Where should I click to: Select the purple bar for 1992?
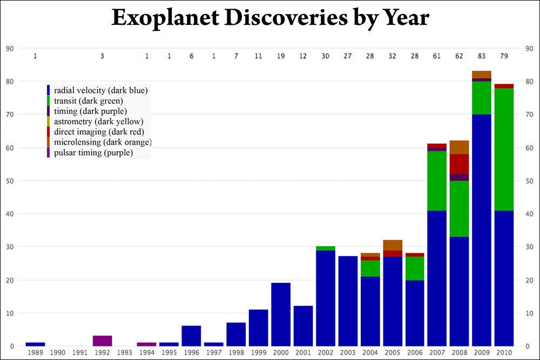point(102,341)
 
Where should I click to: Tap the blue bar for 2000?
point(281,314)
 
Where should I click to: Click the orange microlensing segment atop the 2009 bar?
point(481,74)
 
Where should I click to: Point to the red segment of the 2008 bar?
point(459,164)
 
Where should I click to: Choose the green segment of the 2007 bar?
point(437,180)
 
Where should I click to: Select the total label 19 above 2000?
point(281,56)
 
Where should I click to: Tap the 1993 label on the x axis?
point(124,352)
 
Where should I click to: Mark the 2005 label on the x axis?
point(393,352)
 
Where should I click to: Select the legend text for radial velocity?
point(100,90)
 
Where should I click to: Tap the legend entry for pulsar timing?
point(93,153)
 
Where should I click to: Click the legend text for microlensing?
point(103,142)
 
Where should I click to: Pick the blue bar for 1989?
point(35,344)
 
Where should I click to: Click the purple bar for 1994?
point(146,344)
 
